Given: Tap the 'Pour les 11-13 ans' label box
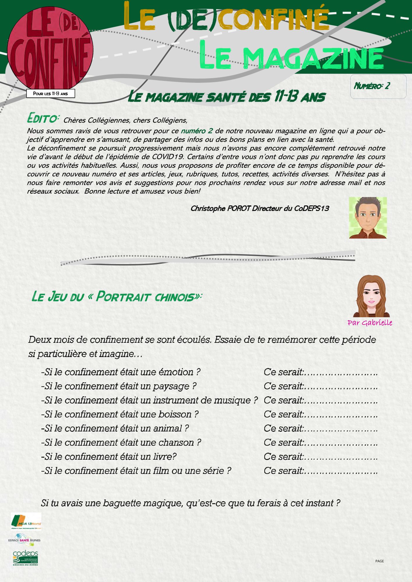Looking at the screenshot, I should coord(50,94).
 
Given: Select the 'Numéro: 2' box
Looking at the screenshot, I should coord(378,86).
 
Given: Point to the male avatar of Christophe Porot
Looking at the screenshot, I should coord(368,218).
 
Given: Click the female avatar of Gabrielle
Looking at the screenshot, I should coord(371,296).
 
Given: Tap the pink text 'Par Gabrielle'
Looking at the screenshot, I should coord(370,323).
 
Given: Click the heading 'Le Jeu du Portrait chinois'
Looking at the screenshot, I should coord(117,297).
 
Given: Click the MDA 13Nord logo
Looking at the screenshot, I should coord(26,521).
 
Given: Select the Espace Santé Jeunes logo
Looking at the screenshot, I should coord(24,539).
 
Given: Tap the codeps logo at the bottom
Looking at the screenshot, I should coord(25,558).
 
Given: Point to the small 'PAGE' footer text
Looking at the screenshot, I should coord(379,561).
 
